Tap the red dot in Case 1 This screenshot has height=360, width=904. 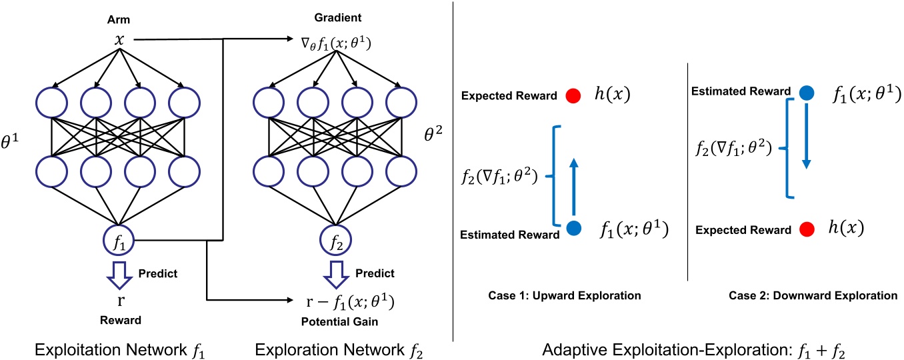point(571,96)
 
